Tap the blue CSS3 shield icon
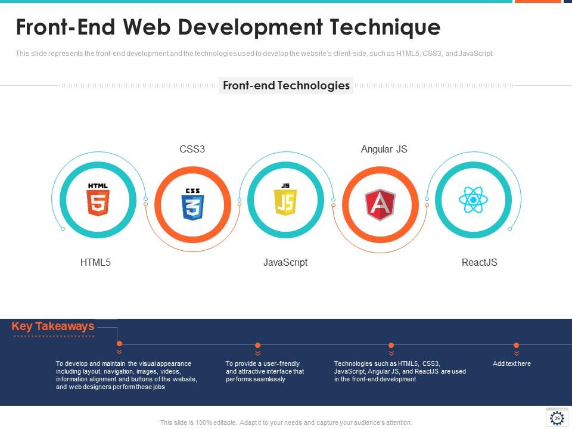click(x=192, y=204)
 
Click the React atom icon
click(x=474, y=200)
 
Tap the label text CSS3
click(x=192, y=149)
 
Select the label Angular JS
click(x=384, y=149)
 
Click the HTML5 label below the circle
click(x=95, y=262)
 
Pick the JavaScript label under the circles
click(x=285, y=262)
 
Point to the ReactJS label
click(x=479, y=262)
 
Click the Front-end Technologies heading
click(x=286, y=85)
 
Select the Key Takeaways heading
click(x=53, y=327)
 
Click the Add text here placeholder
click(x=511, y=363)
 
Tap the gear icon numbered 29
click(x=557, y=418)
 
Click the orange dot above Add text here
click(x=516, y=345)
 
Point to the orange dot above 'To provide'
click(x=257, y=345)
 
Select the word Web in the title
click(x=145, y=27)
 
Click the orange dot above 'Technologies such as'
click(x=391, y=345)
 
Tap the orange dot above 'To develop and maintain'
click(x=119, y=344)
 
